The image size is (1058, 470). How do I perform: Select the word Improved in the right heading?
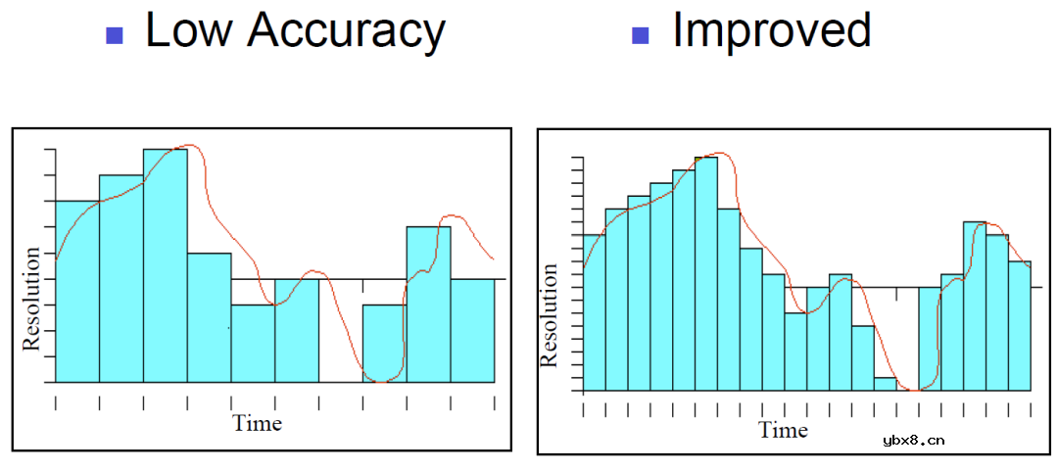click(x=771, y=30)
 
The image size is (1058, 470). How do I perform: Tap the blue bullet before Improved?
click(x=642, y=36)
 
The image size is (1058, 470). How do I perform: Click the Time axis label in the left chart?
click(x=257, y=423)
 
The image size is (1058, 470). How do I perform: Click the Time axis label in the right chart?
click(x=784, y=430)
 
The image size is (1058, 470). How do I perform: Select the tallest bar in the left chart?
click(x=165, y=264)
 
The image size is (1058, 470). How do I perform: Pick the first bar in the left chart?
click(x=77, y=291)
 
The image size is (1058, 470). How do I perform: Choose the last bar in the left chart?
click(x=472, y=330)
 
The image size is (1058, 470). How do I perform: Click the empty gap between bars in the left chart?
click(x=340, y=333)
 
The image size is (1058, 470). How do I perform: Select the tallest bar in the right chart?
click(x=705, y=274)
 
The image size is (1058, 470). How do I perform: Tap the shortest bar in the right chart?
click(x=886, y=384)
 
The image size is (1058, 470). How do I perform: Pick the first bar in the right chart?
click(x=594, y=313)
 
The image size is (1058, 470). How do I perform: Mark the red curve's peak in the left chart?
click(x=190, y=145)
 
